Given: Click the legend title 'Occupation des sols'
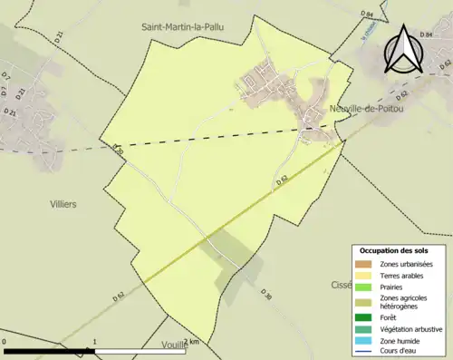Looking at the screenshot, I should pos(395,249).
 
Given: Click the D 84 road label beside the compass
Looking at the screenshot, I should pos(366,15).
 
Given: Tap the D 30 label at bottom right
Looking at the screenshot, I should pos(265,296).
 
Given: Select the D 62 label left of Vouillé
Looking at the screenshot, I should pos(119,297).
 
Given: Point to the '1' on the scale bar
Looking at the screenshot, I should pos(95,342).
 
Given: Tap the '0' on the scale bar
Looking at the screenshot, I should pos(5,342).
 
